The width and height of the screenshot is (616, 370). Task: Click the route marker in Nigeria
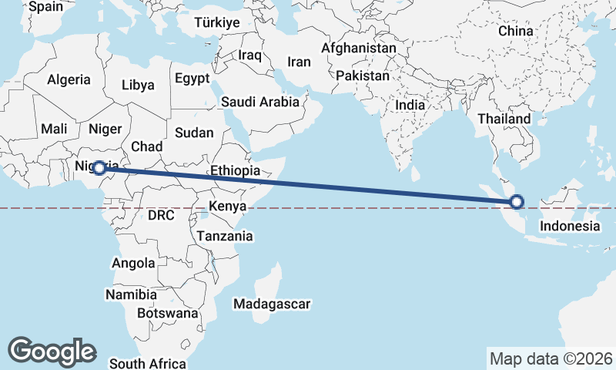(99, 167)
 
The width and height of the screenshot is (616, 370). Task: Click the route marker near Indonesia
(517, 202)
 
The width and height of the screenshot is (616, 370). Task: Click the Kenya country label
(227, 207)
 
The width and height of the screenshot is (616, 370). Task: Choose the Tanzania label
(226, 236)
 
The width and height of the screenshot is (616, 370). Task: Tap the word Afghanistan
(359, 48)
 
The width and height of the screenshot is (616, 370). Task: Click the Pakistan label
(363, 76)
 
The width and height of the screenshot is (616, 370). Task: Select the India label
(410, 105)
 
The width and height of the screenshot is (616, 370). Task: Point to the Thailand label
(504, 119)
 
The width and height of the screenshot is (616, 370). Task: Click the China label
(515, 31)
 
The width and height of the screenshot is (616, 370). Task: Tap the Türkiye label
(217, 22)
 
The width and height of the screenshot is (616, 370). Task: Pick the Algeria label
(69, 79)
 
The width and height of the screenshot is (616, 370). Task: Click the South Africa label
(148, 363)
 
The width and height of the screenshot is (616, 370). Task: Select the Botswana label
(168, 313)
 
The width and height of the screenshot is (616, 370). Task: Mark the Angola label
(133, 263)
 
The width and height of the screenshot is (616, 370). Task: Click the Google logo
(52, 351)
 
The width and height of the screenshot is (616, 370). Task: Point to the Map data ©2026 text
(551, 358)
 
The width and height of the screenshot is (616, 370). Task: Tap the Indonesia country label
(569, 226)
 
